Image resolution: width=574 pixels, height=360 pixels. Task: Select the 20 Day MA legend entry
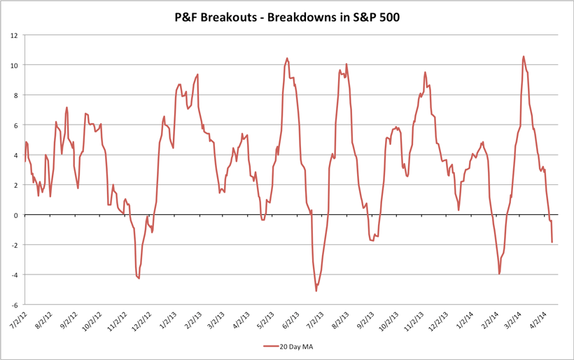[293, 346]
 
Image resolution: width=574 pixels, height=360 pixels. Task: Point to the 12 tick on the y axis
[15, 35]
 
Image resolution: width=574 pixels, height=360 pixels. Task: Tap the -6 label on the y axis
[13, 305]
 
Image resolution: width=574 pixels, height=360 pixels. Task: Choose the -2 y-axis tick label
[13, 245]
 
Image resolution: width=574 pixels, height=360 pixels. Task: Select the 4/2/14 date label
[549, 321]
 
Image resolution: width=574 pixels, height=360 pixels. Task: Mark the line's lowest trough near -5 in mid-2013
[316, 291]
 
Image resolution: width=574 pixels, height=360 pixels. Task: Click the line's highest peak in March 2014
[524, 57]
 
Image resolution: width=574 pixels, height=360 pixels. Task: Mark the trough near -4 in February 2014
[499, 274]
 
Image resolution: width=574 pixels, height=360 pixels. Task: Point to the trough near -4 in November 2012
[139, 278]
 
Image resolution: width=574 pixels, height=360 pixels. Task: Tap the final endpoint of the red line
[552, 242]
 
